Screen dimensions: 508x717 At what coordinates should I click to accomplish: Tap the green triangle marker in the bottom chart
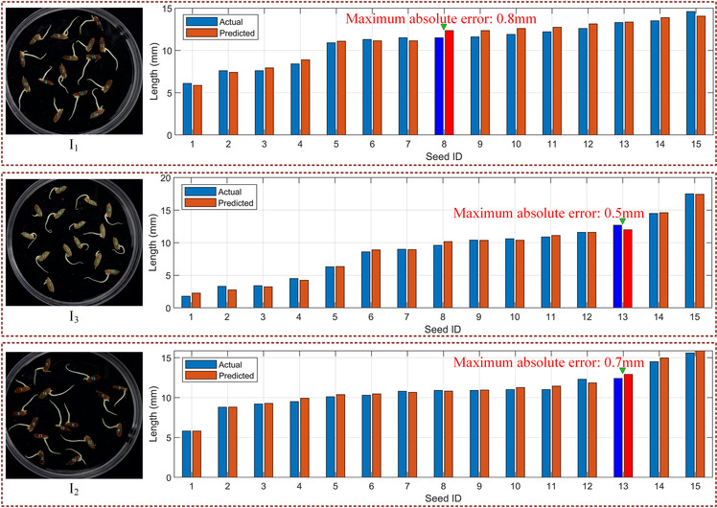[x=623, y=371]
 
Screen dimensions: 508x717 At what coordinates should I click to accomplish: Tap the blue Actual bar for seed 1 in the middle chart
[x=185, y=301]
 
